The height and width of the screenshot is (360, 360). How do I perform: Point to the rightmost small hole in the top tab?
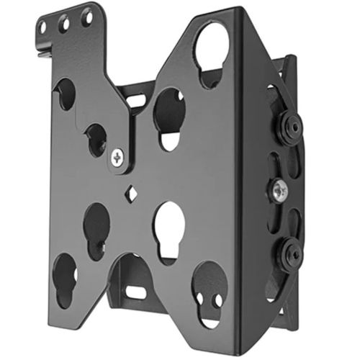[x=86, y=16]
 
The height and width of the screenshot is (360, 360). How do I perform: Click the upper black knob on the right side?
[x=291, y=126]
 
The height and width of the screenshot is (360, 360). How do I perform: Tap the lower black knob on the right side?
[x=291, y=253]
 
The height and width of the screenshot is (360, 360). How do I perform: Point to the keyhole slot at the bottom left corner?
[x=64, y=277]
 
